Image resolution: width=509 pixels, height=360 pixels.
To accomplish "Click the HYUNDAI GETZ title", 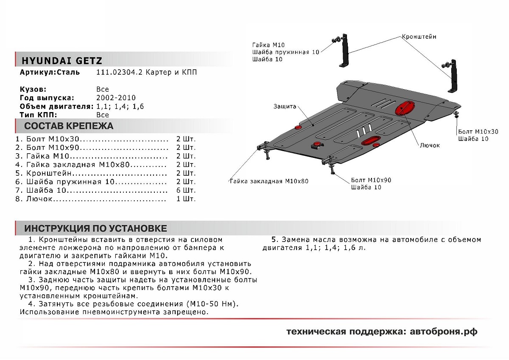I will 62,60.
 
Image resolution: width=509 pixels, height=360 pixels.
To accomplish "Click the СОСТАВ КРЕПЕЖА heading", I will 69,126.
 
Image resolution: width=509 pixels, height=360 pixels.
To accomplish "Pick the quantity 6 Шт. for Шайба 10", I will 186,190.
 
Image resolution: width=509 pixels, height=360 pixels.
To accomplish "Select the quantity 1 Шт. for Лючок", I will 186,198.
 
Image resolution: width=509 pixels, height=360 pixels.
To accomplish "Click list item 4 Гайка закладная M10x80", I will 89,164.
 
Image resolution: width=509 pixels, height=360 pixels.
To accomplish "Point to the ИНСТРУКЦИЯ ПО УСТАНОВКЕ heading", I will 95,228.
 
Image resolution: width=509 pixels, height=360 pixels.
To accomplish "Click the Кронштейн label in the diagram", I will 419,37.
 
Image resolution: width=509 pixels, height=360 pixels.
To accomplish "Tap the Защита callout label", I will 285,107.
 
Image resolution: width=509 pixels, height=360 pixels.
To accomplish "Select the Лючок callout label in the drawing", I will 429,145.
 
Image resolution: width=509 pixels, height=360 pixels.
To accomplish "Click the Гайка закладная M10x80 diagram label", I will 269,181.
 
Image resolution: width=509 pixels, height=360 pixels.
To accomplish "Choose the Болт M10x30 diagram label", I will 478,132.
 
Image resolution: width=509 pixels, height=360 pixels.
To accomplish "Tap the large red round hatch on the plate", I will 405,107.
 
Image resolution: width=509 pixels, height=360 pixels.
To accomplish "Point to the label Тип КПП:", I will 38,115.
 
